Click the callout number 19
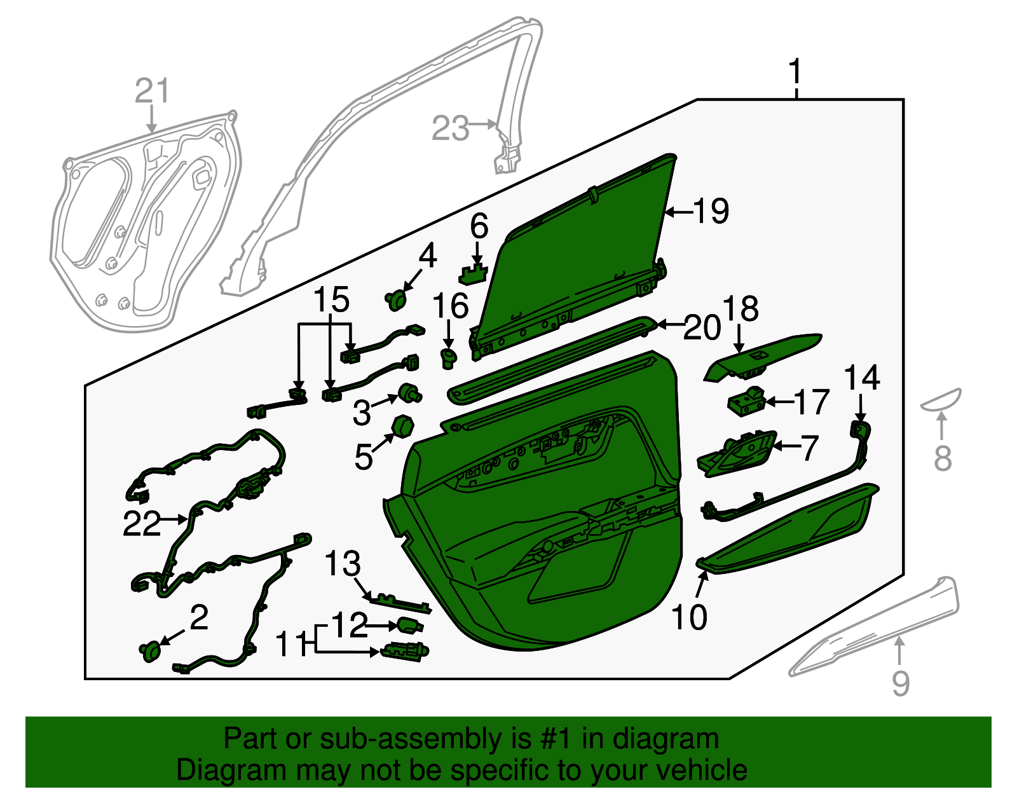point(711,211)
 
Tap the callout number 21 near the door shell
point(153,91)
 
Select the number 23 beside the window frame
point(450,128)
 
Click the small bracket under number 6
point(472,275)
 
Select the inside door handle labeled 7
point(737,455)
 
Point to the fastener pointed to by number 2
point(150,652)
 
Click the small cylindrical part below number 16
point(449,357)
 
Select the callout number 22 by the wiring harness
point(141,524)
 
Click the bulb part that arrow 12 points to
point(410,626)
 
